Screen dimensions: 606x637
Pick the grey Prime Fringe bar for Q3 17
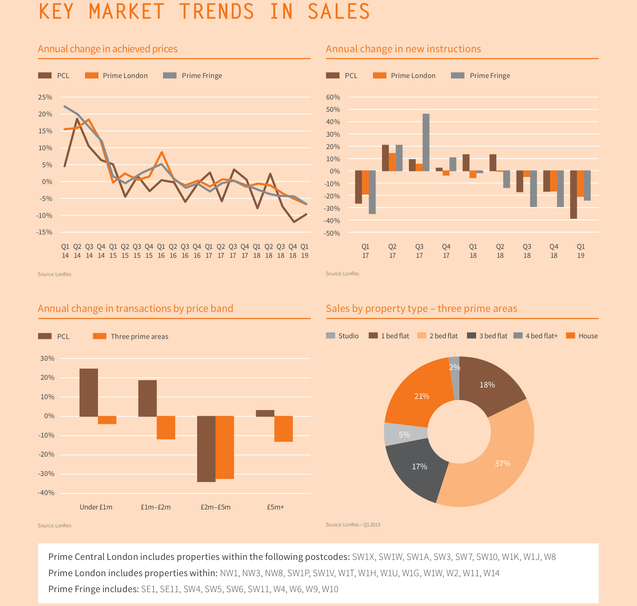click(x=426, y=142)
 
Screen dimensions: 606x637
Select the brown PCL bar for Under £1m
click(x=88, y=392)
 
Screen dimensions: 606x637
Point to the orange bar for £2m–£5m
click(x=225, y=447)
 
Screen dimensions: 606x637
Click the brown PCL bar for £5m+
click(x=265, y=413)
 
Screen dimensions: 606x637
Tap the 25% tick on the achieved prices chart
click(x=45, y=97)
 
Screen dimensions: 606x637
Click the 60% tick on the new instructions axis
click(x=333, y=97)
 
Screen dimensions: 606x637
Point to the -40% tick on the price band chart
click(x=46, y=493)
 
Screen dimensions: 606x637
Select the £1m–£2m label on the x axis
click(x=156, y=507)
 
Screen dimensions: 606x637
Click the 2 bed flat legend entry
click(x=437, y=336)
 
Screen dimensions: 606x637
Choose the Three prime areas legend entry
click(x=131, y=336)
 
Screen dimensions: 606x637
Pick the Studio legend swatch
click(x=330, y=336)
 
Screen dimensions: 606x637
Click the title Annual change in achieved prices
click(x=107, y=49)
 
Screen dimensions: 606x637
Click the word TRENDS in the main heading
click(x=217, y=11)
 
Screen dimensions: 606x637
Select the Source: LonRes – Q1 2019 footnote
click(x=353, y=525)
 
